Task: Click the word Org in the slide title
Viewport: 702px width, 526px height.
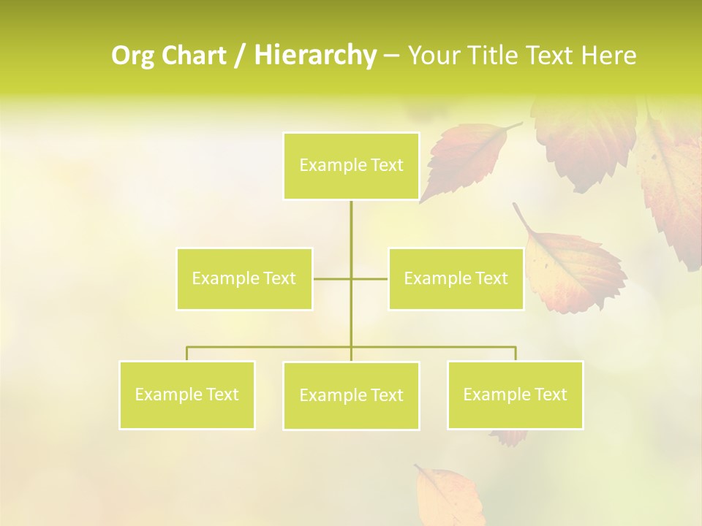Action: click(133, 56)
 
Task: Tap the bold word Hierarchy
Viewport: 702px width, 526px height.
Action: click(314, 56)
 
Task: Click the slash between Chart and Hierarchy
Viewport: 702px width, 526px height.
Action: click(240, 56)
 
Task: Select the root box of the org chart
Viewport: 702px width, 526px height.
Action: click(351, 166)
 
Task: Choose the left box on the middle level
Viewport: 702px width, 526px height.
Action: click(244, 278)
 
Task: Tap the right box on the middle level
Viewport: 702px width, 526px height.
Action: click(456, 278)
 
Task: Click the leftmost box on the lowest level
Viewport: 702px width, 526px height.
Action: click(187, 394)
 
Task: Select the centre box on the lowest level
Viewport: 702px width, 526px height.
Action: click(351, 395)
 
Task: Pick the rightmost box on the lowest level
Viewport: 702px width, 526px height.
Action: click(515, 394)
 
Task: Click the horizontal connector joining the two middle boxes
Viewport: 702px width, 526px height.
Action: click(369, 278)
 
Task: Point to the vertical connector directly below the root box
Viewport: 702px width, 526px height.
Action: click(351, 226)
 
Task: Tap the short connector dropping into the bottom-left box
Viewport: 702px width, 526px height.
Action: click(187, 354)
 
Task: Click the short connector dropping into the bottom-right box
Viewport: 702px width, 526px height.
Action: click(516, 354)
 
